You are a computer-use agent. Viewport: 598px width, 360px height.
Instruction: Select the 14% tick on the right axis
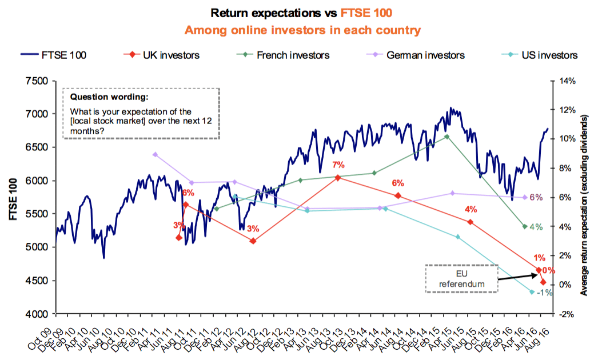point(566,81)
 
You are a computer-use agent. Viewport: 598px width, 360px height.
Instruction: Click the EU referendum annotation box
point(461,279)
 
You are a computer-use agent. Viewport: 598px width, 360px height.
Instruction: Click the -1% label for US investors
point(544,293)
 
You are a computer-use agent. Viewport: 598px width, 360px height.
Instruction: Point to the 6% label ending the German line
point(536,197)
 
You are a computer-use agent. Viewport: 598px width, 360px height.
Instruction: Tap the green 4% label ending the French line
point(536,227)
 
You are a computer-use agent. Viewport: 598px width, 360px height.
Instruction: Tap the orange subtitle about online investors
point(299,29)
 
